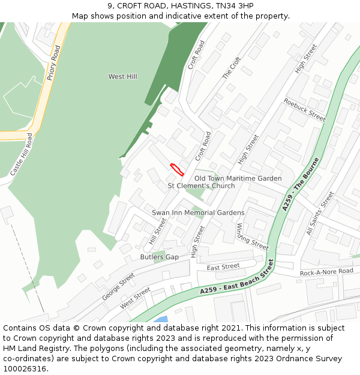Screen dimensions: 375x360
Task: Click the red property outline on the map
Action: (x=176, y=169)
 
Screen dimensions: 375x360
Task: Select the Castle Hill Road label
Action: (x=20, y=154)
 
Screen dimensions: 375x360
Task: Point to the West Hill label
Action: (x=122, y=77)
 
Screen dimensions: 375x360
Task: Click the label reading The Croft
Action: (x=231, y=68)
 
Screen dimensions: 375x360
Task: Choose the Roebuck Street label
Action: (x=304, y=110)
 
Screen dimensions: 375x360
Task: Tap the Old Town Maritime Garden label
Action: (x=238, y=178)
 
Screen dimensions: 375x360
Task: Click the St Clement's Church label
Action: (x=201, y=186)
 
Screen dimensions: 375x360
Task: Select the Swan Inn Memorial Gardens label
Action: (x=198, y=213)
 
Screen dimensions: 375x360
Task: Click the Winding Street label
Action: (x=251, y=236)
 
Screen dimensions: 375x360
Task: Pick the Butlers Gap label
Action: (x=159, y=257)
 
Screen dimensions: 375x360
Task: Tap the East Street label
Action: (x=223, y=267)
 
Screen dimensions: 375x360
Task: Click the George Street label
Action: (x=118, y=287)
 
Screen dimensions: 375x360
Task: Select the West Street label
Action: (x=135, y=298)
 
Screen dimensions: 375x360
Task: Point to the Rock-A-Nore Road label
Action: (x=327, y=272)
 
